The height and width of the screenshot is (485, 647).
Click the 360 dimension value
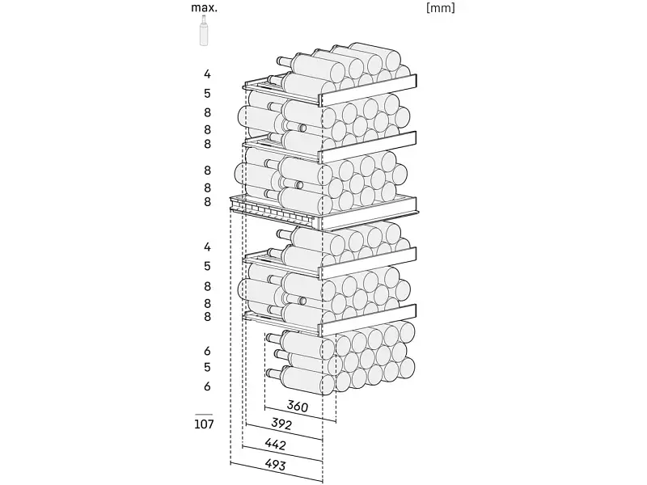tap(297, 407)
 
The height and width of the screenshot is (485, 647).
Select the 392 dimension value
tap(281, 424)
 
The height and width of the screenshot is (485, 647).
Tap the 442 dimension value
tap(275, 444)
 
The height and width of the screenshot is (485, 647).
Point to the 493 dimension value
tap(275, 465)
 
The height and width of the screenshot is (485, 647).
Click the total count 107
tap(204, 424)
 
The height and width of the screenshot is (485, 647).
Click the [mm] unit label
tap(440, 8)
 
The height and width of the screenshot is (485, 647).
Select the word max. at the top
tap(204, 8)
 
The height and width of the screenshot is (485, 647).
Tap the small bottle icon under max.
tap(204, 31)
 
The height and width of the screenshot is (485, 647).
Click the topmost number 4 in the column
tap(207, 74)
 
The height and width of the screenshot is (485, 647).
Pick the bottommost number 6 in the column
tap(207, 386)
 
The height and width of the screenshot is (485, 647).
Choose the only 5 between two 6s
tap(207, 368)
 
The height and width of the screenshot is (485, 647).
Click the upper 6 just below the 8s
tap(207, 351)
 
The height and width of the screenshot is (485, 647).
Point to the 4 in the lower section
tap(207, 247)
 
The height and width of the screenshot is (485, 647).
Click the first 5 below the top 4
tap(207, 94)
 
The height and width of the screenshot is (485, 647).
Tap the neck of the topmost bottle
tap(285, 61)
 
